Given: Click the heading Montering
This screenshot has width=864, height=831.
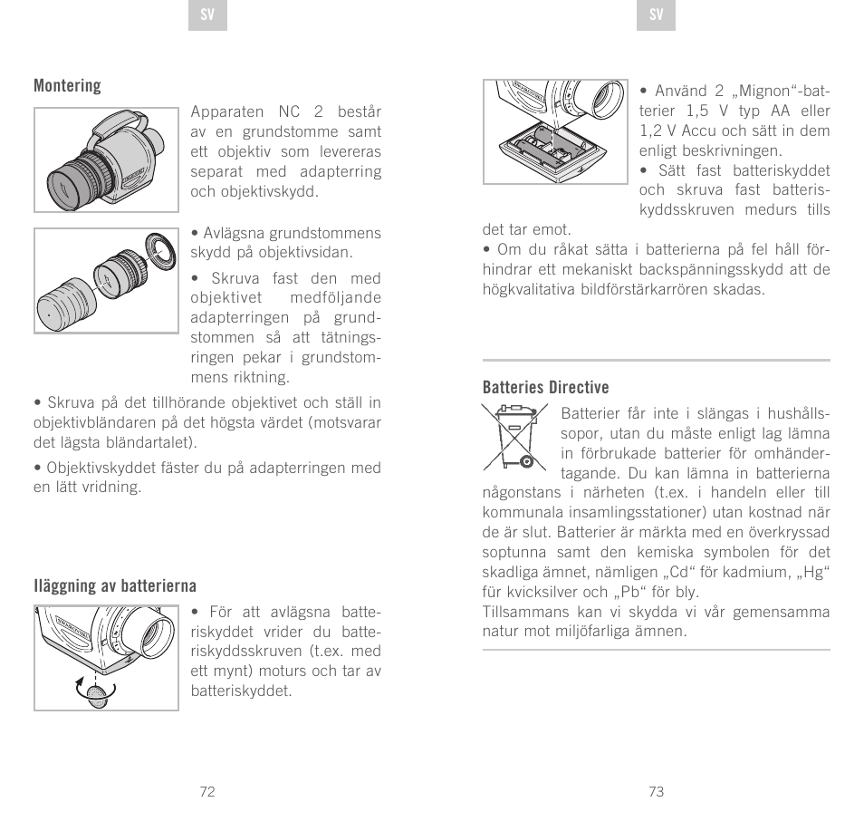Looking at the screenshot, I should coord(67,86).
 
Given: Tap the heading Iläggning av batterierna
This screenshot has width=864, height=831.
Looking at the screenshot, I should coord(115,586).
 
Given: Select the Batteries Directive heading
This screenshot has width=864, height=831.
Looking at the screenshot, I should coord(545,388).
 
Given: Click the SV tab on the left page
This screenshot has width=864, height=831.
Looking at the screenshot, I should coord(207,15).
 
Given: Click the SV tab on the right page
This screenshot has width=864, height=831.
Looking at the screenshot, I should coord(657,15).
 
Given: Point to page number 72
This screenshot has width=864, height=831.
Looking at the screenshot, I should coord(207,791).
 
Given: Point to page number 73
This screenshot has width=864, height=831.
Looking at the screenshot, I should coord(657,791).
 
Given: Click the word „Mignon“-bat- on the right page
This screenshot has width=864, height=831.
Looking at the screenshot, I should coord(776,91).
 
